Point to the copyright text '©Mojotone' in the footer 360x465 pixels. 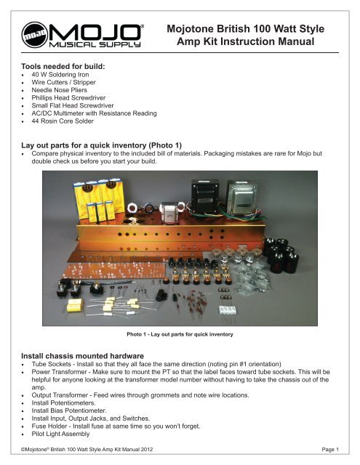click(x=38, y=451)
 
